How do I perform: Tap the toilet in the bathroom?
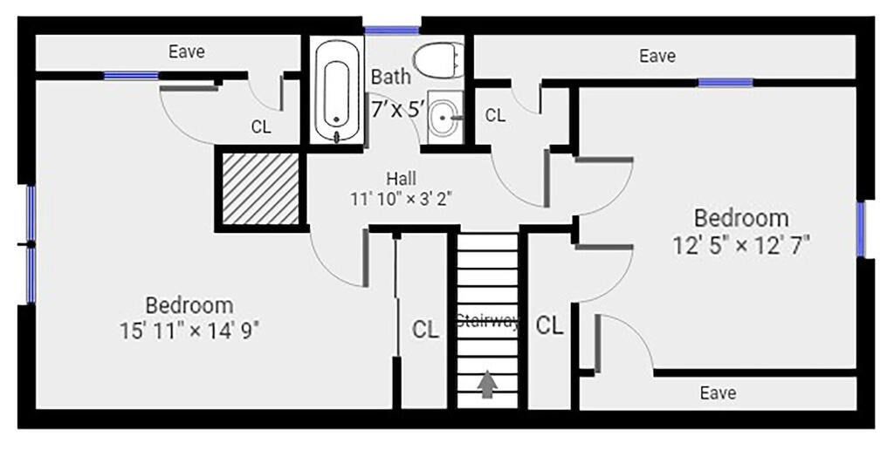click(x=438, y=60)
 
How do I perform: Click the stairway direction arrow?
click(x=487, y=384)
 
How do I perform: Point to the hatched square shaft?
click(x=260, y=188)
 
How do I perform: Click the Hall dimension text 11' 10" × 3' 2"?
click(x=401, y=199)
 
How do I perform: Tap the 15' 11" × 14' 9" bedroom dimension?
click(x=189, y=331)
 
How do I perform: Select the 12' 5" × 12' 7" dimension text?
click(x=741, y=245)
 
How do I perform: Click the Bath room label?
click(x=390, y=77)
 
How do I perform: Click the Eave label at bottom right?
click(x=718, y=392)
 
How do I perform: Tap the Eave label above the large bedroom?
click(x=187, y=51)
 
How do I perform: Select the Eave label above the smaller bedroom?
click(x=657, y=56)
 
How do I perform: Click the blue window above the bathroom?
click(x=392, y=31)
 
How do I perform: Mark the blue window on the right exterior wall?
click(x=860, y=229)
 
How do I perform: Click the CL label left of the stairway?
click(x=425, y=330)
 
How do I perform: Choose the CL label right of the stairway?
click(x=550, y=325)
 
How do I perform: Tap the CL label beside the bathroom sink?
click(x=495, y=116)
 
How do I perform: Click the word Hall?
click(x=401, y=178)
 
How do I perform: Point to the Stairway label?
click(x=488, y=321)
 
